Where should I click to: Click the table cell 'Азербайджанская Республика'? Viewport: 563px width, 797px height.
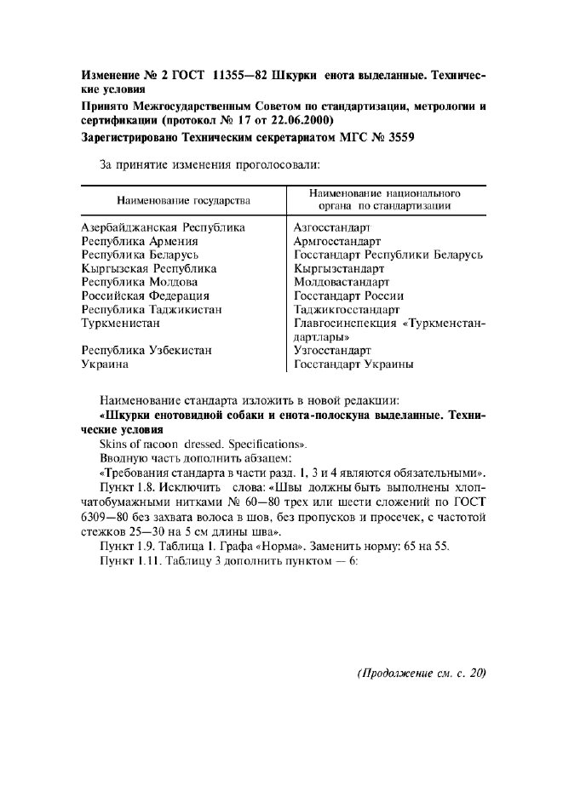(x=163, y=227)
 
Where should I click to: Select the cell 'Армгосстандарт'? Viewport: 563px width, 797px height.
(x=336, y=241)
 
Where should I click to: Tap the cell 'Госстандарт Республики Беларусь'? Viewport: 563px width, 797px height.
(x=388, y=255)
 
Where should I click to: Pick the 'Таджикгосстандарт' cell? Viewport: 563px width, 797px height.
(x=347, y=309)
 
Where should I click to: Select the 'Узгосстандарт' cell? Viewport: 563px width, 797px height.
(x=332, y=350)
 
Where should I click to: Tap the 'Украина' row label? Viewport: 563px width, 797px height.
(x=105, y=364)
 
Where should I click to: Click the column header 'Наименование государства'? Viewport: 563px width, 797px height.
(x=184, y=200)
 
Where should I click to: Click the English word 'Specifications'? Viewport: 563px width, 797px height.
(x=267, y=444)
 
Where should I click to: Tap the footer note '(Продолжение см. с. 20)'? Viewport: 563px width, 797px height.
(x=420, y=673)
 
